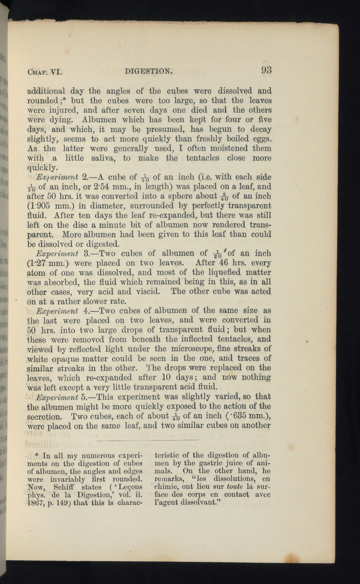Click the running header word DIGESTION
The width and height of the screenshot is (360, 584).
148,71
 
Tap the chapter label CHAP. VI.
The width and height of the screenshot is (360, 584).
44,72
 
